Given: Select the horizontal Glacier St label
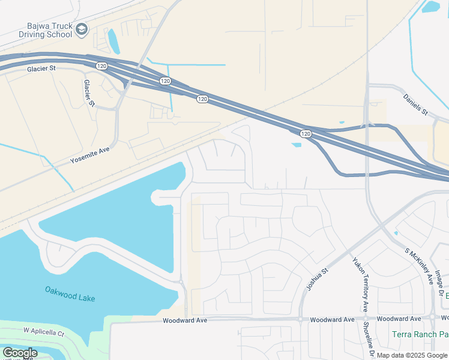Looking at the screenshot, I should coord(41,69).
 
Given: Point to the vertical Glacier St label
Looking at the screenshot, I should coord(89,93).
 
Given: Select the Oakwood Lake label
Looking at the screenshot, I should coord(70,293).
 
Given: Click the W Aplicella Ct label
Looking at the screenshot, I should coord(44,331).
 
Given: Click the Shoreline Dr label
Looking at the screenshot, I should coord(372,343).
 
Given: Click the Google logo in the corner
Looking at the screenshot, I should coord(20,353).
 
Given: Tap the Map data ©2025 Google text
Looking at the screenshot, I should coord(412,355).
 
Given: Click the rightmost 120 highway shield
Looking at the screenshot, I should coord(306,133).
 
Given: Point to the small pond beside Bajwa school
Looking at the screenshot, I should coord(113,41).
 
